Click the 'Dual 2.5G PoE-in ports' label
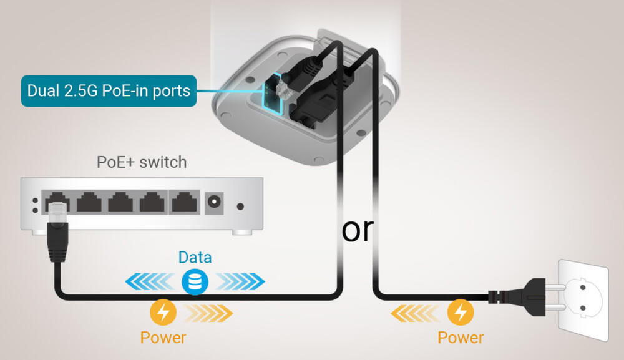point(109,90)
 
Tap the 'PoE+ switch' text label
point(142,162)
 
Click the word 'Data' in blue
point(195,258)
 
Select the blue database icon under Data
point(195,281)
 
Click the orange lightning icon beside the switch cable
point(163,312)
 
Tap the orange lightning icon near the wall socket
point(461,312)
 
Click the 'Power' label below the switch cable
point(163,338)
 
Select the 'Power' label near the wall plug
point(461,338)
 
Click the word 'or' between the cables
point(358,231)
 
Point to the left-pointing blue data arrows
point(150,281)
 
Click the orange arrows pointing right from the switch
point(208,313)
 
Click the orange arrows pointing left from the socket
point(416,313)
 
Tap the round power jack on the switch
point(214,202)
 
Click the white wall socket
point(583,300)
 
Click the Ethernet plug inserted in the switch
point(57,231)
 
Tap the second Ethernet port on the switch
point(89,202)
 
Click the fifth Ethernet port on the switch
point(184,202)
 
